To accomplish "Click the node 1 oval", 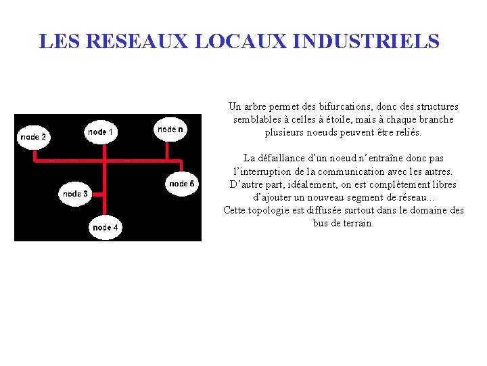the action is coord(101,132).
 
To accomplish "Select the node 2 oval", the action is coord(34,137).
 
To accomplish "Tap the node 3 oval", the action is coord(76,194).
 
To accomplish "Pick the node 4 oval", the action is coord(106,228).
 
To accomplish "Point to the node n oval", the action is coord(170,129).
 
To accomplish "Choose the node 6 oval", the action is coord(182,184).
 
